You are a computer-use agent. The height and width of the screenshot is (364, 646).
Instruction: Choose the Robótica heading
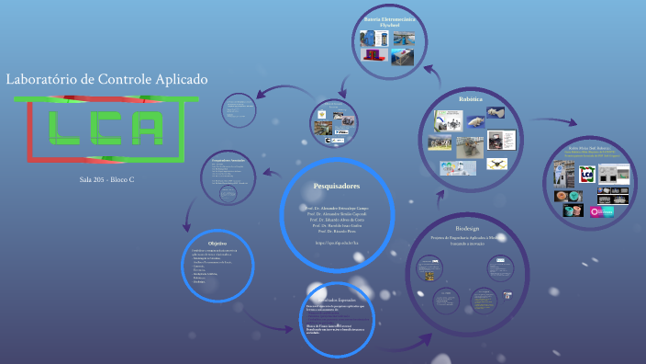pos(470,98)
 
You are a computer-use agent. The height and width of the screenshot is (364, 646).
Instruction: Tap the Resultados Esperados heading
pos(340,300)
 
